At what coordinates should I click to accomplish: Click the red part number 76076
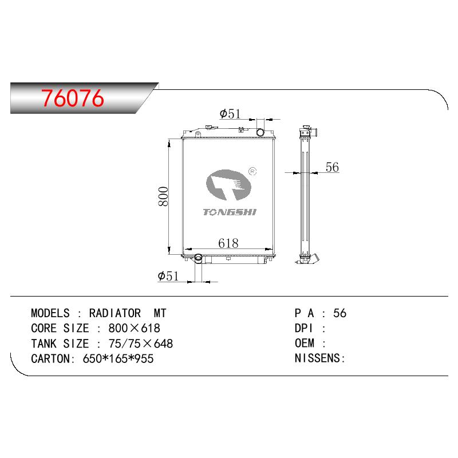point(73,98)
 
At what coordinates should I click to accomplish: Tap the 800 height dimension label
point(164,196)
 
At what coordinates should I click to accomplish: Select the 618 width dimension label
point(228,243)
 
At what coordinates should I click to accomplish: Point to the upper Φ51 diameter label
point(230,113)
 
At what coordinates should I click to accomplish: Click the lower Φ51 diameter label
point(168,276)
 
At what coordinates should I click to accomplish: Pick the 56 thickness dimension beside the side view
point(332,167)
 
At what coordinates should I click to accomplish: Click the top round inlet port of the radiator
point(260,132)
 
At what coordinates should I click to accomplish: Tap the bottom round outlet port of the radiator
point(198,257)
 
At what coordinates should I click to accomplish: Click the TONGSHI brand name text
point(230,212)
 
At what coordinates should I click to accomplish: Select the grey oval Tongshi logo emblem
point(228,185)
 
